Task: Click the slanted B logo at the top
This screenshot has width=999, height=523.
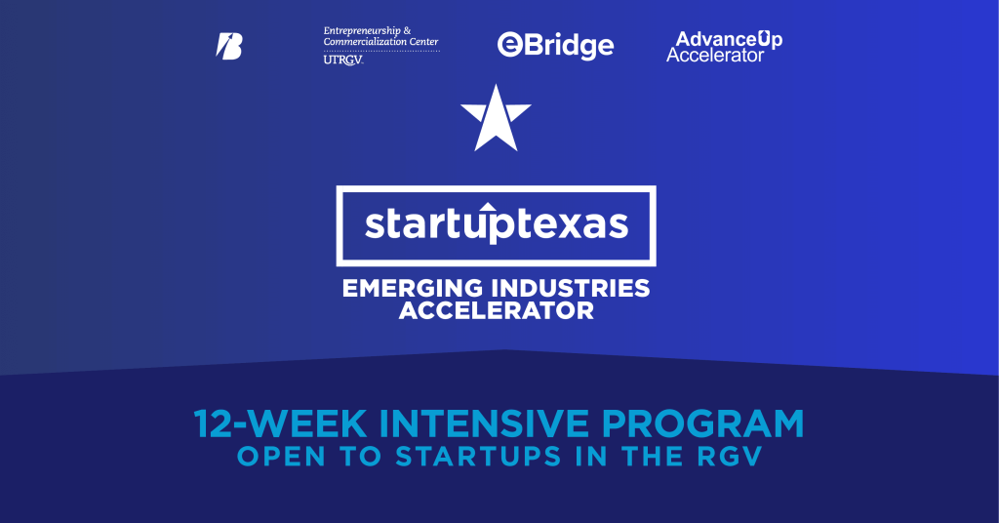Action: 229,46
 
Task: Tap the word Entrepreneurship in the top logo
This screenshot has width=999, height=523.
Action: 362,30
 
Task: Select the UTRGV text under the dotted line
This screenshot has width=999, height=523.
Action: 342,60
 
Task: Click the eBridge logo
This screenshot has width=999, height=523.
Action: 555,45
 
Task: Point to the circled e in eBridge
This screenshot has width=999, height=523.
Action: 509,45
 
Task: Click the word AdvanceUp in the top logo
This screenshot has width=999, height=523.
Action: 729,40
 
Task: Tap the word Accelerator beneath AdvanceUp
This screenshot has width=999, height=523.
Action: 715,56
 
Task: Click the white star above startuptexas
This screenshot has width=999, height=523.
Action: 496,117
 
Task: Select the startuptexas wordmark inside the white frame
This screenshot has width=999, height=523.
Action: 497,223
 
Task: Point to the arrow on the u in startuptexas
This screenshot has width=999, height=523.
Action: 488,207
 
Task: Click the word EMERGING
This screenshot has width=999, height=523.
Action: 413,289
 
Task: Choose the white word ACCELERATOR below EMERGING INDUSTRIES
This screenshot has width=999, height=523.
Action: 497,310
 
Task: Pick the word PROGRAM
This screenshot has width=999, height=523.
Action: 702,423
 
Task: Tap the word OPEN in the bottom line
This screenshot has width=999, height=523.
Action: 281,457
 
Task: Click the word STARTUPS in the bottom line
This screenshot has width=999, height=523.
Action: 478,457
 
